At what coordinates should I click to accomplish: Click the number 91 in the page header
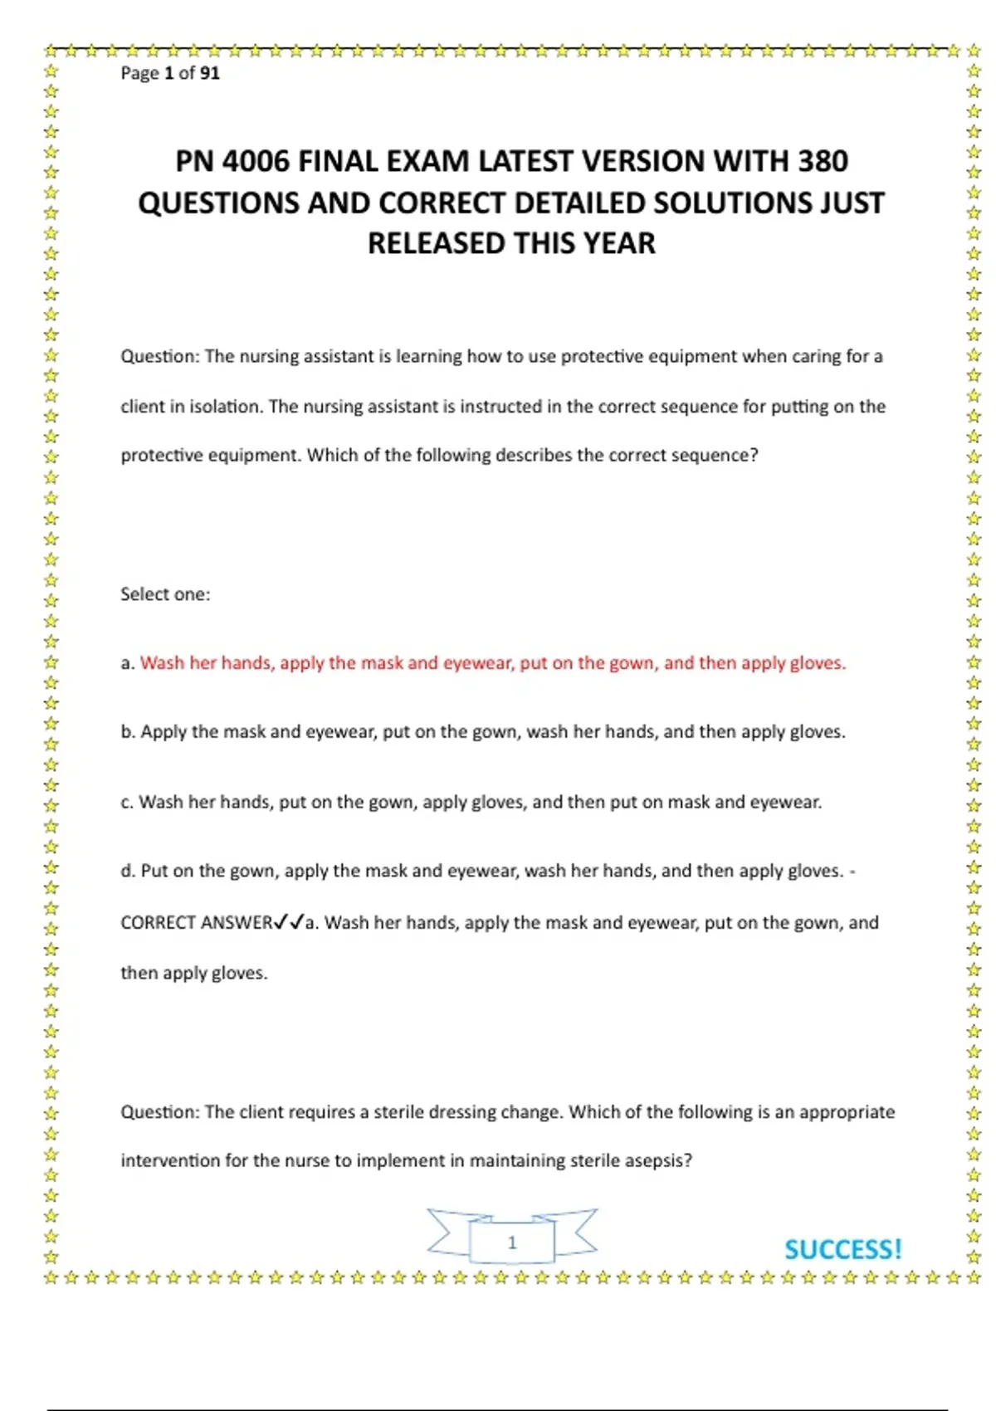point(209,73)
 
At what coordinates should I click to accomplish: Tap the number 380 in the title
point(823,161)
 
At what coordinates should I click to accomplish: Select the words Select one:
point(165,594)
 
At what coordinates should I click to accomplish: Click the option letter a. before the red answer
point(127,663)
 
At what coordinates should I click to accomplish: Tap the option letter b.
point(128,732)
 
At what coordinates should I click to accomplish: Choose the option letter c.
point(127,803)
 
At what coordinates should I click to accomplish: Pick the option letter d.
point(128,871)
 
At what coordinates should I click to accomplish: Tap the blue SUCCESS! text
point(842,1250)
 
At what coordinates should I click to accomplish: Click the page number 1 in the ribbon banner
point(512,1243)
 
